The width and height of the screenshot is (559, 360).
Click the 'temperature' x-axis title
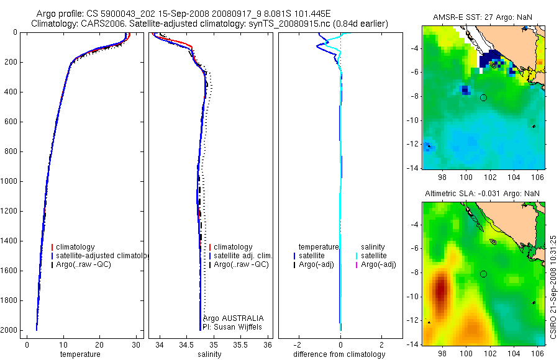[80, 354]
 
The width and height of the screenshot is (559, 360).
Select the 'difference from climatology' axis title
[339, 354]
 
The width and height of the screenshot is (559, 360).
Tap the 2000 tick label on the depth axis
[11, 330]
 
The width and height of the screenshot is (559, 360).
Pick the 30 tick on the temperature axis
[135, 344]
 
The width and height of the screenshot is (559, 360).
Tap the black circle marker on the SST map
[483, 97]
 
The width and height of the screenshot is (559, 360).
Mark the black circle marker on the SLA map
[483, 274]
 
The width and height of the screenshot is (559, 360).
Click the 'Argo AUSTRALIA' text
[229, 318]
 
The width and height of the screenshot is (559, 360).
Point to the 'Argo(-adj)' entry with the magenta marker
[378, 265]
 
